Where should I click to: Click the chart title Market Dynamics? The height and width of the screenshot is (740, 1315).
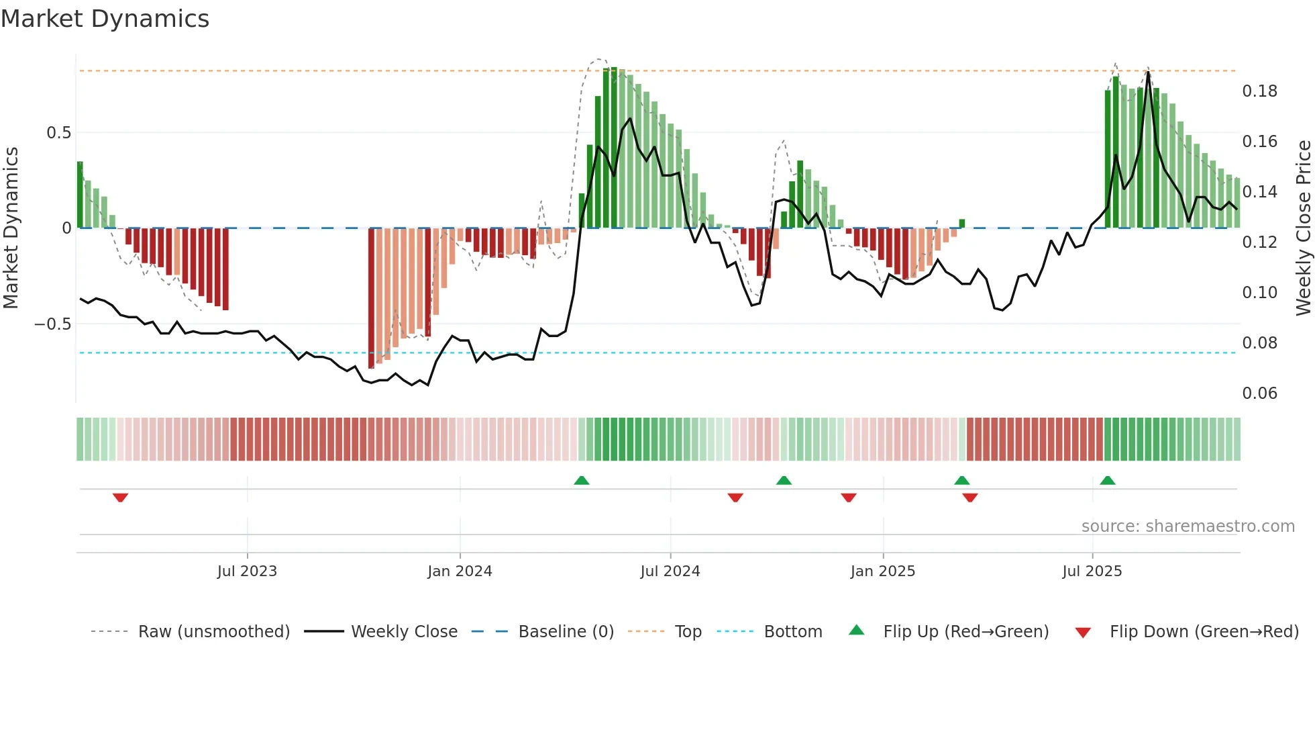pos(105,19)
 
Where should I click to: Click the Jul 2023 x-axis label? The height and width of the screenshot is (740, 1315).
pos(247,571)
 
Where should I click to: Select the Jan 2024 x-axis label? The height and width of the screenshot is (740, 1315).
pos(460,571)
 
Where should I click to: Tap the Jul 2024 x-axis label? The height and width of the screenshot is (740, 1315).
pos(670,571)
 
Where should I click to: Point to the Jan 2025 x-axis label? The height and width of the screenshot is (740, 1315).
pos(882,571)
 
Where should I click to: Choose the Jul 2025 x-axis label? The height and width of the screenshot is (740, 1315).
pos(1092,571)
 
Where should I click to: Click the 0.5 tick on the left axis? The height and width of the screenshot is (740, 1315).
pos(59,133)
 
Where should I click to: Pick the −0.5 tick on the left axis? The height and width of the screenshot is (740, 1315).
pos(53,324)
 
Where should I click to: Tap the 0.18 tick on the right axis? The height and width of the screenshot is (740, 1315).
pos(1259,91)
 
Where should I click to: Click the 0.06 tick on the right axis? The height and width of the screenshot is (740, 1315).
pos(1259,394)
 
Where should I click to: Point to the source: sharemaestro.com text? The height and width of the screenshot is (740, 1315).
pos(1188,526)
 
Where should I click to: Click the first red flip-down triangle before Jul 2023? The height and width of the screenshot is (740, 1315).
pos(120,498)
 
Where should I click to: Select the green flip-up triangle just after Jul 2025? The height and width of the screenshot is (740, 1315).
pos(1108,480)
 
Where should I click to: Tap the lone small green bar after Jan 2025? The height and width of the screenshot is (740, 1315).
pos(962,224)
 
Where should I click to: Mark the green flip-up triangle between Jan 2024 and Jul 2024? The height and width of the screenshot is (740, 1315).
pos(582,480)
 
